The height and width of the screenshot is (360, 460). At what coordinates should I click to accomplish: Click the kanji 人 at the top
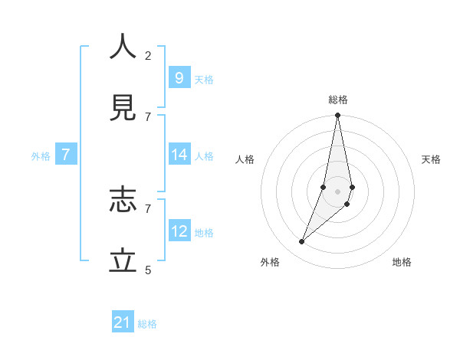pyautogui.click(x=123, y=47)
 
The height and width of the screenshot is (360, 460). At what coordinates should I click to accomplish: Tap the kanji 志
pyautogui.click(x=123, y=200)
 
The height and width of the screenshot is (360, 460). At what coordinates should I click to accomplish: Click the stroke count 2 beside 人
pyautogui.click(x=148, y=55)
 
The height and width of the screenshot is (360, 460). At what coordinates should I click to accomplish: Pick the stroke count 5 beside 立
pyautogui.click(x=148, y=270)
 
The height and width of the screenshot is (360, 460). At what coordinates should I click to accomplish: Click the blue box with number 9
pyautogui.click(x=179, y=77)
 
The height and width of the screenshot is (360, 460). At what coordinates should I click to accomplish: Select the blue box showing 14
pyautogui.click(x=179, y=155)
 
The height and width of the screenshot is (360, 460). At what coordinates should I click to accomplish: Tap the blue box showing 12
pyautogui.click(x=179, y=231)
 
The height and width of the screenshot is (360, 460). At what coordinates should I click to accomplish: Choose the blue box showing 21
pyautogui.click(x=123, y=322)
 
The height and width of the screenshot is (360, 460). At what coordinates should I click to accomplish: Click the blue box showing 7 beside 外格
pyautogui.click(x=66, y=155)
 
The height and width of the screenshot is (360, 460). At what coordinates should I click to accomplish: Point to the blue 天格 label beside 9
pyautogui.click(x=204, y=80)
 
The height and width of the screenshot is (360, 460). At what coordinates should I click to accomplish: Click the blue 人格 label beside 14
pyautogui.click(x=204, y=156)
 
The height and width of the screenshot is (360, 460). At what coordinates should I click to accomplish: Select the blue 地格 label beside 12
pyautogui.click(x=204, y=233)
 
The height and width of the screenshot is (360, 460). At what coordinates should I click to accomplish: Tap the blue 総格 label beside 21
pyautogui.click(x=147, y=324)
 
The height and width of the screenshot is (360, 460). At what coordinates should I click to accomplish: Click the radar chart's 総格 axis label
pyautogui.click(x=337, y=100)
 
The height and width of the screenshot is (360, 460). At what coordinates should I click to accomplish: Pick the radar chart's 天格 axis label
pyautogui.click(x=431, y=159)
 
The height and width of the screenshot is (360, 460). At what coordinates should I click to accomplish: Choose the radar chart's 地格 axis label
pyautogui.click(x=402, y=262)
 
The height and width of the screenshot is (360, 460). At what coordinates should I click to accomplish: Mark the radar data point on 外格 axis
pyautogui.click(x=301, y=242)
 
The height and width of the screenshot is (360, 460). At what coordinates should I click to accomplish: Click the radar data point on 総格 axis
pyautogui.click(x=337, y=116)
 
